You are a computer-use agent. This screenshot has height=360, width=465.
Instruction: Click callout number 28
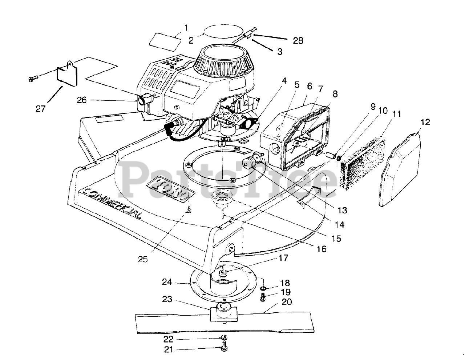point(298,40)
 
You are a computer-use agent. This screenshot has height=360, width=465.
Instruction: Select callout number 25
point(143,259)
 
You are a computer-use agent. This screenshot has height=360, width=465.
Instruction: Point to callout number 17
point(283,258)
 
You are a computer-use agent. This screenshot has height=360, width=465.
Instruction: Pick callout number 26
point(82,100)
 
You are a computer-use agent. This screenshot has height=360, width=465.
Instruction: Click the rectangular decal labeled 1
point(166,40)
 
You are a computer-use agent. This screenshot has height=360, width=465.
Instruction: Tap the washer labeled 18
point(264,288)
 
